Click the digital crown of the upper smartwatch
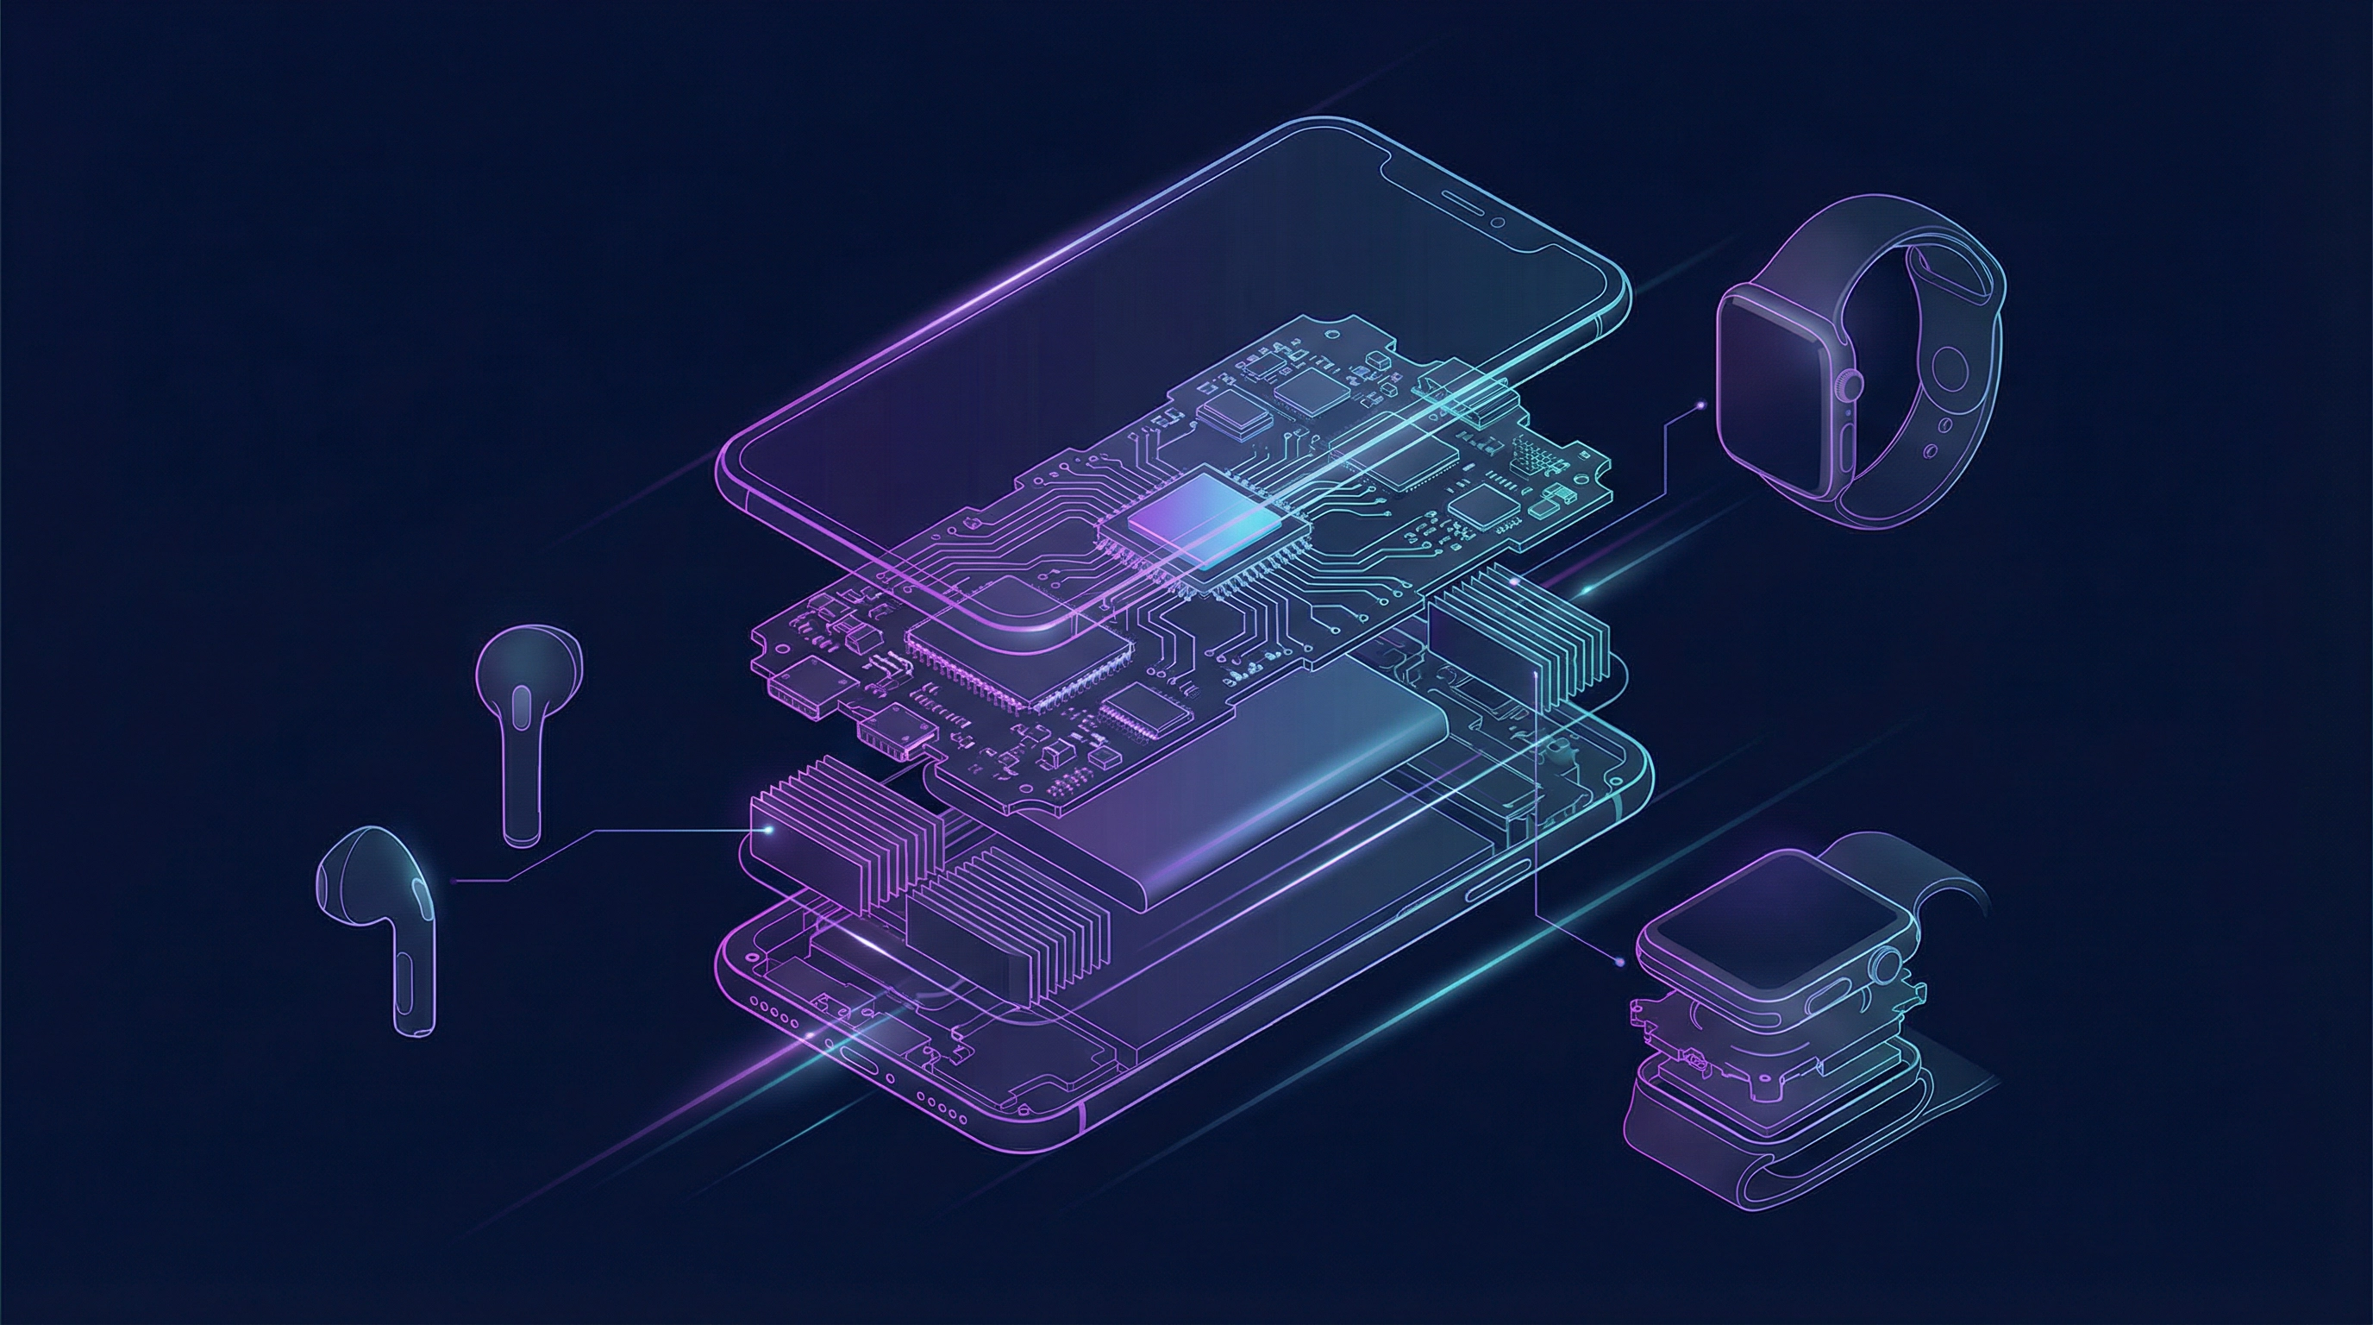[x=1850, y=382]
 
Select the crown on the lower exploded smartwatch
[x=1887, y=964]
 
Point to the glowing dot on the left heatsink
[x=769, y=830]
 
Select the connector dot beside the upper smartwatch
[x=1700, y=403]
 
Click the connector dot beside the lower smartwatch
[x=1620, y=961]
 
